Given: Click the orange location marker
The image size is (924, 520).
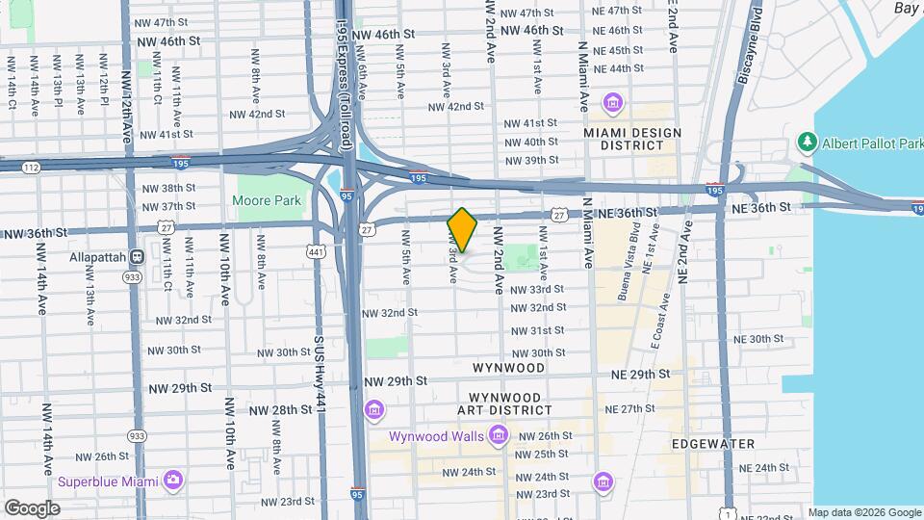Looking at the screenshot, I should click(462, 229).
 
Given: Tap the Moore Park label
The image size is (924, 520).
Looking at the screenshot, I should click(267, 200).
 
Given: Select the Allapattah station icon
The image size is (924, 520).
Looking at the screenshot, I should click(137, 257).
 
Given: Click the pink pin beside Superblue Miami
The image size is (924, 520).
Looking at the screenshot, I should click(172, 480).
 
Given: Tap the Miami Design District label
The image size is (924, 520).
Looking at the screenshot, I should click(631, 139).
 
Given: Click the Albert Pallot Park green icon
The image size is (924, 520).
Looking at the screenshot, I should click(807, 143).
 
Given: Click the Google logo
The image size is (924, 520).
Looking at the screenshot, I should click(32, 507).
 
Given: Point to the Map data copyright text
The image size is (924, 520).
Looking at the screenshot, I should click(862, 512).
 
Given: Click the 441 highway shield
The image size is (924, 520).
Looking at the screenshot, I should click(316, 251).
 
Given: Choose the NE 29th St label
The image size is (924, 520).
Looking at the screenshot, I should click(645, 374).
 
